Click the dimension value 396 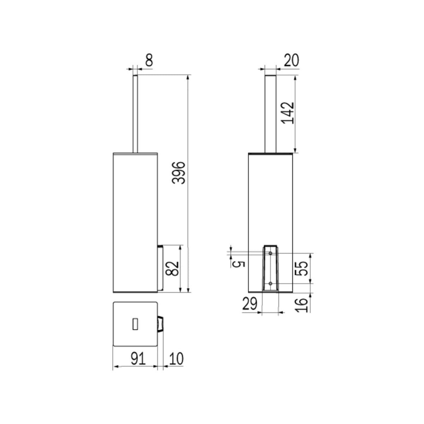[x=179, y=179]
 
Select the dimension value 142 [x=288, y=113]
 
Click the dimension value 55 [x=301, y=269]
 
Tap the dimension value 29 [x=250, y=304]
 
